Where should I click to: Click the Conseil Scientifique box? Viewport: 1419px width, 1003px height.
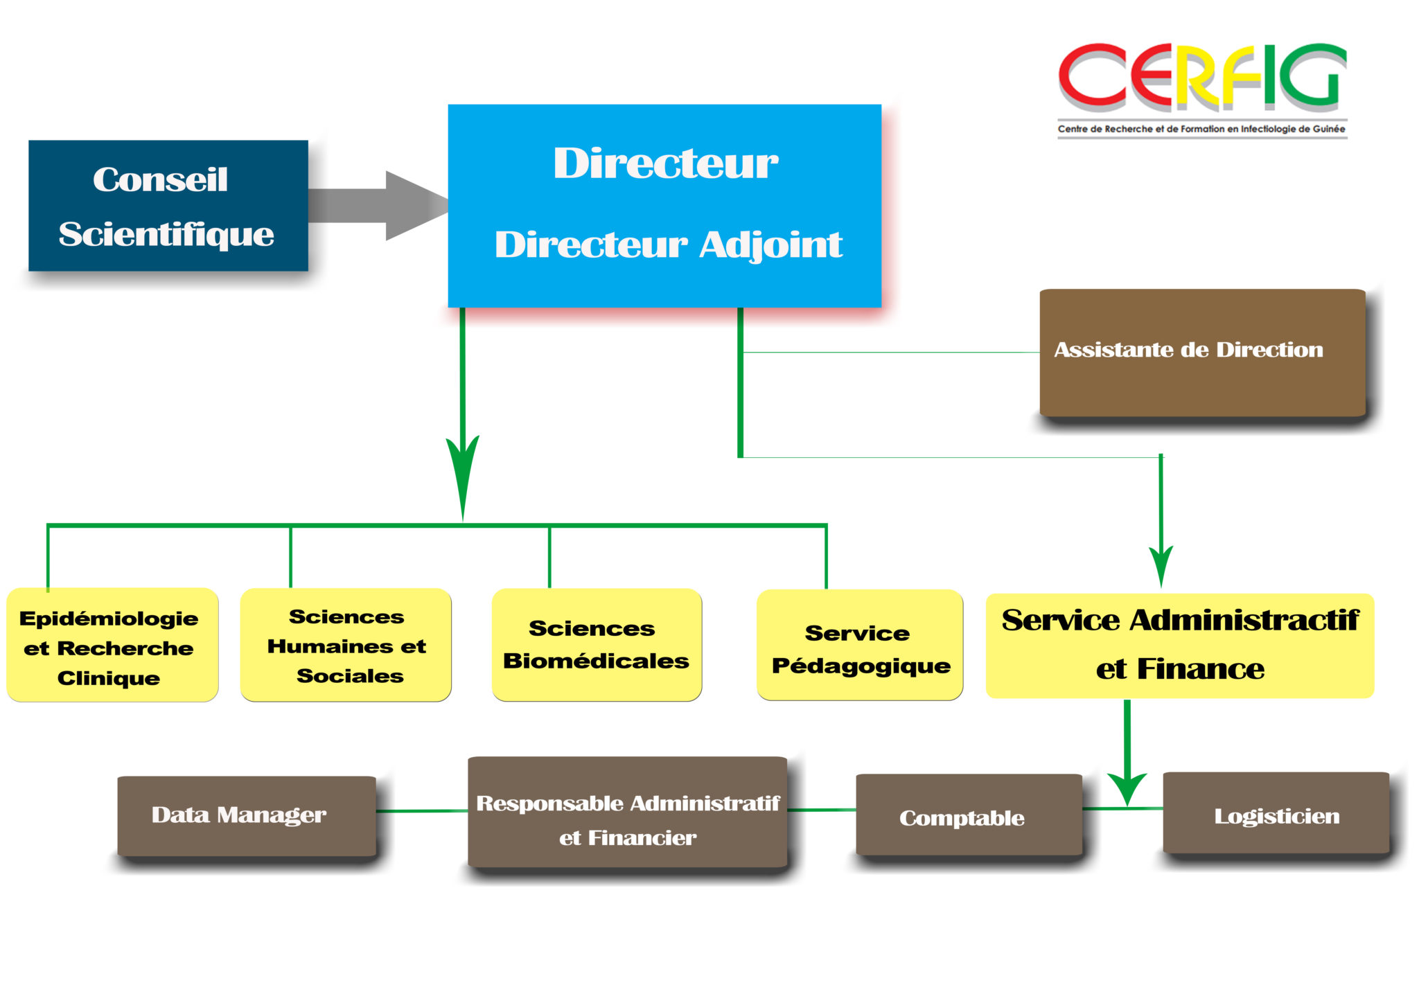tap(168, 206)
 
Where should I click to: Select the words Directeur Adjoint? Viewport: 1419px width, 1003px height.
tap(668, 245)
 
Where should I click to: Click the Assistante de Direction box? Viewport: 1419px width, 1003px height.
tap(1202, 352)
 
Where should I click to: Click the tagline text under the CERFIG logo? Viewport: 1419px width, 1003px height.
tap(1201, 129)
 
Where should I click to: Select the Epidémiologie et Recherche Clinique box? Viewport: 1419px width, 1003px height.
tap(112, 646)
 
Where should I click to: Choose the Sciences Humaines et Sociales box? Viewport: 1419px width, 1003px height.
tap(346, 646)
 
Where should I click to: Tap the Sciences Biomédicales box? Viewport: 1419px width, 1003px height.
tap(597, 645)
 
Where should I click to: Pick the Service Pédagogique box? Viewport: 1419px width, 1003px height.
tap(860, 646)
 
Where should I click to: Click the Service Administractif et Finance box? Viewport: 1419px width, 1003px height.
tap(1179, 646)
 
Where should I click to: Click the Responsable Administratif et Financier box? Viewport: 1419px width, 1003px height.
tap(627, 813)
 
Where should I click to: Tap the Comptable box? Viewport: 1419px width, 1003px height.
tap(968, 815)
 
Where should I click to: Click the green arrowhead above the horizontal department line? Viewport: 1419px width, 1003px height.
tap(462, 471)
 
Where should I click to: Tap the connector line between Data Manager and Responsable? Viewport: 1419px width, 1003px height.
tap(421, 810)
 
